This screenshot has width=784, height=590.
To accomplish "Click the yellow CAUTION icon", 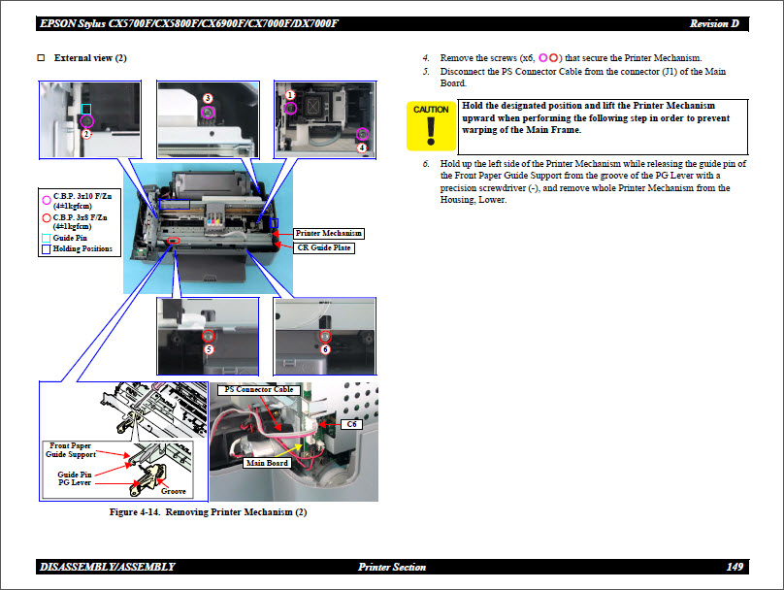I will click(x=431, y=125).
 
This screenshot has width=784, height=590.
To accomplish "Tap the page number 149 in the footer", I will click(x=735, y=567).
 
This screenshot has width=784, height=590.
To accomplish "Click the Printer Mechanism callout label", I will click(x=328, y=234).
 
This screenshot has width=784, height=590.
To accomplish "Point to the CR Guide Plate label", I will click(x=324, y=248).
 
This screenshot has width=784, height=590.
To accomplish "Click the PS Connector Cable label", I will click(x=258, y=389).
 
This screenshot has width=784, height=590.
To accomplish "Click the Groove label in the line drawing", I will click(x=173, y=491).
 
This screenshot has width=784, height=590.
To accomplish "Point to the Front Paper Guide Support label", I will click(x=71, y=449).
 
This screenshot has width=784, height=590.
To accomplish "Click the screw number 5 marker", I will click(x=208, y=348).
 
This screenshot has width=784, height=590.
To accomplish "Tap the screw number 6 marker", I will click(x=325, y=348).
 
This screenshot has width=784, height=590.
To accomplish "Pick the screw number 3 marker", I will click(x=208, y=98).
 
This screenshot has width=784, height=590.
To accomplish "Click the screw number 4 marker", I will click(x=361, y=147).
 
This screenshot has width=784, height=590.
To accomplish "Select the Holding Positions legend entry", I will click(x=82, y=249).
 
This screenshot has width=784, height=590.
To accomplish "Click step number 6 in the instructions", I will click(x=426, y=164).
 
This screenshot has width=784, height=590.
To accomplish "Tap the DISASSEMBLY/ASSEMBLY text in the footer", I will click(x=108, y=567).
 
